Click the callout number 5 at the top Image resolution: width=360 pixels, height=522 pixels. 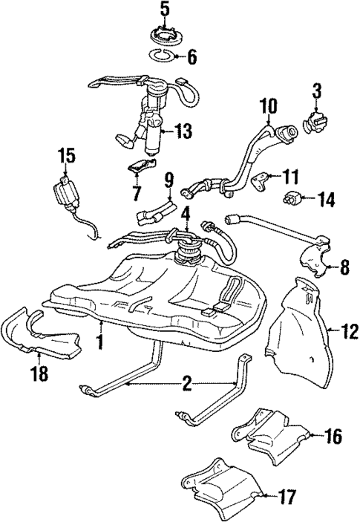pyautogui.click(x=165, y=10)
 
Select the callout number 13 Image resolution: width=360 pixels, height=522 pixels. pyautogui.click(x=181, y=132)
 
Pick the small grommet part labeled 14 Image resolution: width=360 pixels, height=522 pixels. pyautogui.click(x=292, y=198)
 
